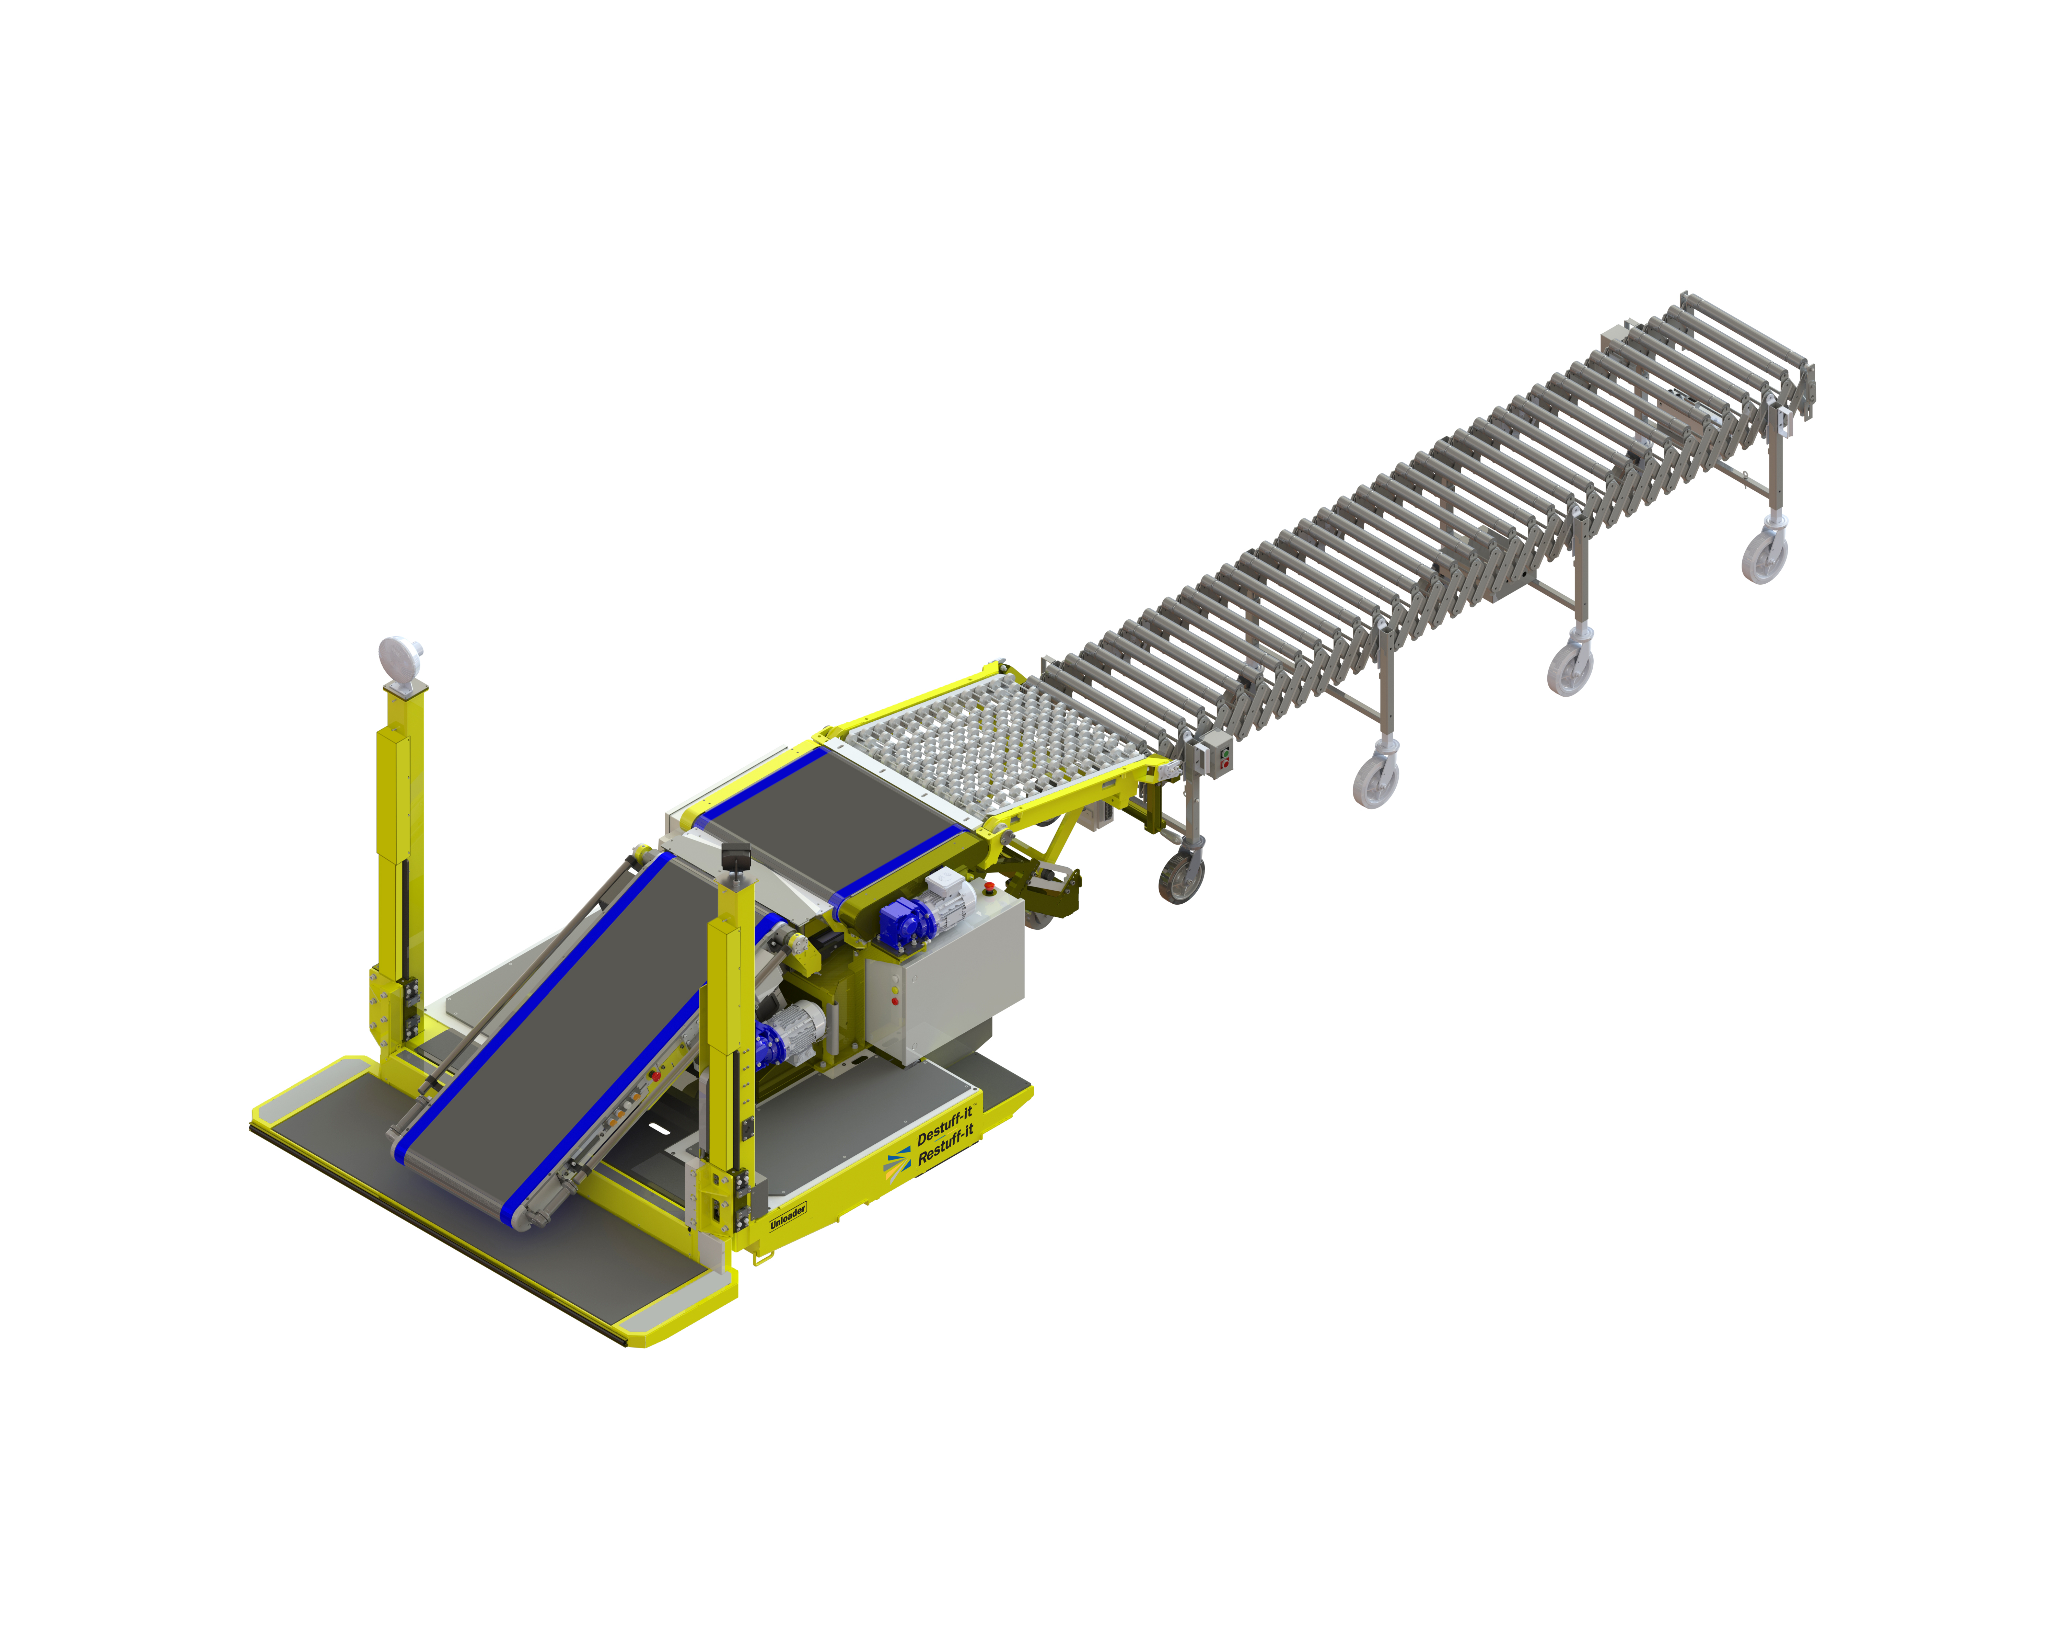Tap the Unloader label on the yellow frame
788,1216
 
